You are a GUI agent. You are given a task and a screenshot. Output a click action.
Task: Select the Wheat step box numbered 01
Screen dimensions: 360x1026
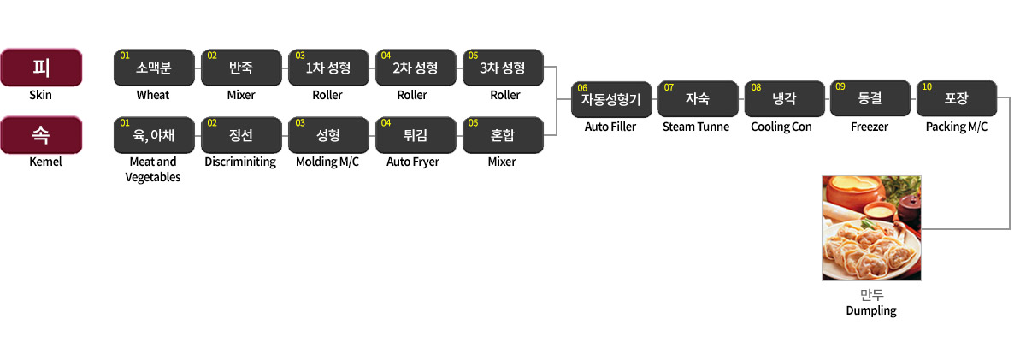154,68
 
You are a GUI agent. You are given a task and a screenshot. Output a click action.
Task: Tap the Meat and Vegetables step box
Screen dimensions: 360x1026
154,134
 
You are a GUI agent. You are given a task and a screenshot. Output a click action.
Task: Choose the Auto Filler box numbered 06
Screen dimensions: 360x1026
610,98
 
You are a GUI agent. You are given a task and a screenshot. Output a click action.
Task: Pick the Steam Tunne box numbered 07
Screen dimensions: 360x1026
697,98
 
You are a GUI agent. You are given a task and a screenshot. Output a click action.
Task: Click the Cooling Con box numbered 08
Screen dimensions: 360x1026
783,98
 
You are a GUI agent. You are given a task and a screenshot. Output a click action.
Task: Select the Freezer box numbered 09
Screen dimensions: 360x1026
870,98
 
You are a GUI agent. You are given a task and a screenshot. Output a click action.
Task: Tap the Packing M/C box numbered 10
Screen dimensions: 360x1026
956,98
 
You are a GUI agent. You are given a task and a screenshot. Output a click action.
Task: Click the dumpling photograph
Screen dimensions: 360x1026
871,228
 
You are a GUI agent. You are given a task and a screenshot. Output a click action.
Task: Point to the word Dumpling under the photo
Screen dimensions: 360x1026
871,310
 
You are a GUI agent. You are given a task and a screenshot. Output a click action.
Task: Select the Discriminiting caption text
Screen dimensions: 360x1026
240,162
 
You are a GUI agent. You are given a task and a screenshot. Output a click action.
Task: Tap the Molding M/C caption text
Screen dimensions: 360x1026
327,162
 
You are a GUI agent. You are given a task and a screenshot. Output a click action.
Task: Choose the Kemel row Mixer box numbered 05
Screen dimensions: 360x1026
502,134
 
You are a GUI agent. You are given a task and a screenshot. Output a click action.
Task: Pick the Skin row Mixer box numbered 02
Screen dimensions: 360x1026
240,68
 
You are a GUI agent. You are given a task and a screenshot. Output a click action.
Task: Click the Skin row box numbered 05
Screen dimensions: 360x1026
502,68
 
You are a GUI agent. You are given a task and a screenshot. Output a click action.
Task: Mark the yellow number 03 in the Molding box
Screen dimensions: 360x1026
300,123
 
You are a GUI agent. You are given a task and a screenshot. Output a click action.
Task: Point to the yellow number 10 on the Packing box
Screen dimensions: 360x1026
927,87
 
